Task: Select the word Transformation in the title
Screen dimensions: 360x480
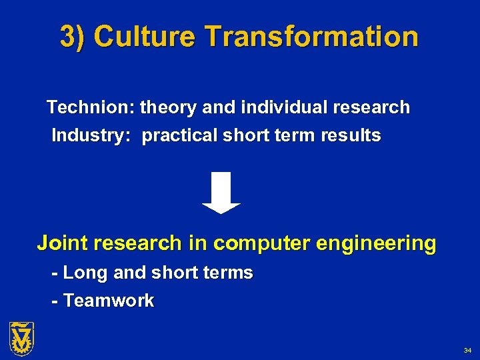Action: click(x=312, y=37)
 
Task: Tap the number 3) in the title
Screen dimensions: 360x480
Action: click(x=74, y=37)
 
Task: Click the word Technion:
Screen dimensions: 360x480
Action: click(x=91, y=107)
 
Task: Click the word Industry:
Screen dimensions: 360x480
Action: click(x=93, y=136)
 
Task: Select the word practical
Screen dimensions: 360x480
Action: click(x=179, y=136)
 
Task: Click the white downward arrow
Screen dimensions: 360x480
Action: click(x=221, y=193)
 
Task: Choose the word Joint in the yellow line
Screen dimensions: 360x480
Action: click(x=63, y=243)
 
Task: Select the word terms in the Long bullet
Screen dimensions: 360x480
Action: click(x=229, y=273)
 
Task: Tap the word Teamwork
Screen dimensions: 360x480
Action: click(x=109, y=301)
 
